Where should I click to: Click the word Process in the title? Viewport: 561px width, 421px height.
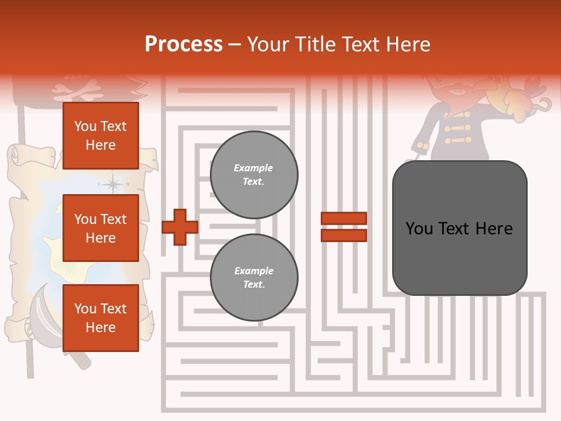pyautogui.click(x=183, y=44)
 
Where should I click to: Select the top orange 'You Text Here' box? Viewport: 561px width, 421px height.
pyautogui.click(x=101, y=136)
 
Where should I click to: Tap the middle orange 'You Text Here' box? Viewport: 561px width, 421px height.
pyautogui.click(x=101, y=228)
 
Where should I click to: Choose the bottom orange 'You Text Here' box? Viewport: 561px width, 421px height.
pyautogui.click(x=101, y=318)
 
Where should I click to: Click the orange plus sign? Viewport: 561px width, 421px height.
pyautogui.click(x=180, y=227)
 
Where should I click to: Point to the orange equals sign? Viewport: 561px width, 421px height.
pyautogui.click(x=344, y=227)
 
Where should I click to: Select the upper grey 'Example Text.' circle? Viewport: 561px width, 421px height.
pyautogui.click(x=254, y=175)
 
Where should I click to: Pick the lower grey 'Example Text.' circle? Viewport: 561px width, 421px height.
pyautogui.click(x=254, y=278)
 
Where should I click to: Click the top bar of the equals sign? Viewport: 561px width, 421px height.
pyautogui.click(x=344, y=219)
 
